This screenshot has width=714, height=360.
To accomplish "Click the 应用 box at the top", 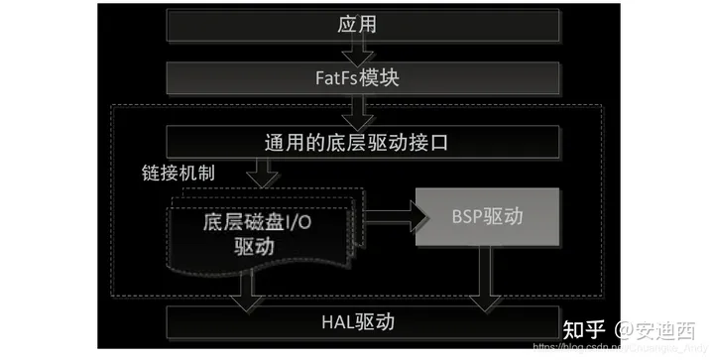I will [357, 25].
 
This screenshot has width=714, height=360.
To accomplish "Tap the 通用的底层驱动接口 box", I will [357, 142].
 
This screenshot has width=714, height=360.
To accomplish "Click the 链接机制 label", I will [179, 171].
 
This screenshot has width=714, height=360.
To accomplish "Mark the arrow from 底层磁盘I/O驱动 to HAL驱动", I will [240, 288].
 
